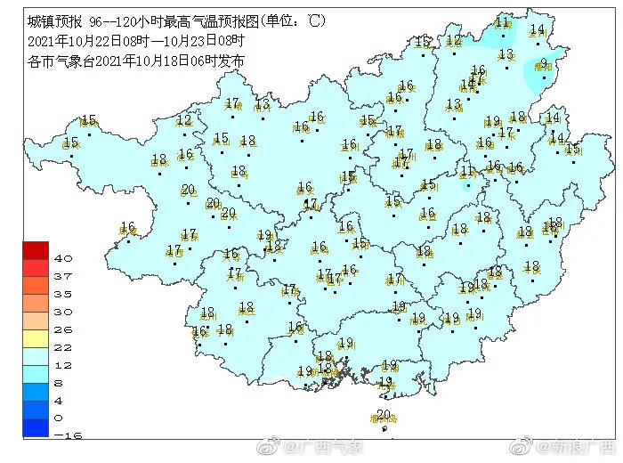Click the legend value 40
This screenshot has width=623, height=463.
click(62, 258)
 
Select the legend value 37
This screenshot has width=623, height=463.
click(62, 277)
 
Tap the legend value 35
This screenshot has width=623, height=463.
click(62, 294)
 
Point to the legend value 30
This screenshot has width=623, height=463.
click(62, 312)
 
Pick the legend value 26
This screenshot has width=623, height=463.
click(62, 329)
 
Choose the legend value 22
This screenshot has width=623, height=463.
click(62, 347)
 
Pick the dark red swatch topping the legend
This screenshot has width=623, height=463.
click(36, 250)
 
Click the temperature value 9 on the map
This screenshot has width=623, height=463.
click(543, 62)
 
